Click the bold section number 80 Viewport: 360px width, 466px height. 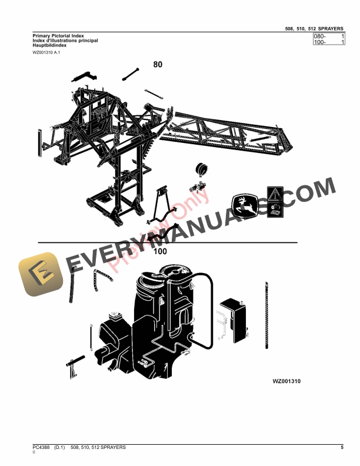158,65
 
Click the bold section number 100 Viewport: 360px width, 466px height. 159,251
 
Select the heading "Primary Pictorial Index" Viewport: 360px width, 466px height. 55,36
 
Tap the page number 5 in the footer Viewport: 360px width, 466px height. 342,448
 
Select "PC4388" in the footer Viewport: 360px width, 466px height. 42,448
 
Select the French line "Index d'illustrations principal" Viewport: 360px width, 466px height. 65,41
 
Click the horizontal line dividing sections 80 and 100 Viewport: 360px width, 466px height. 168,242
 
